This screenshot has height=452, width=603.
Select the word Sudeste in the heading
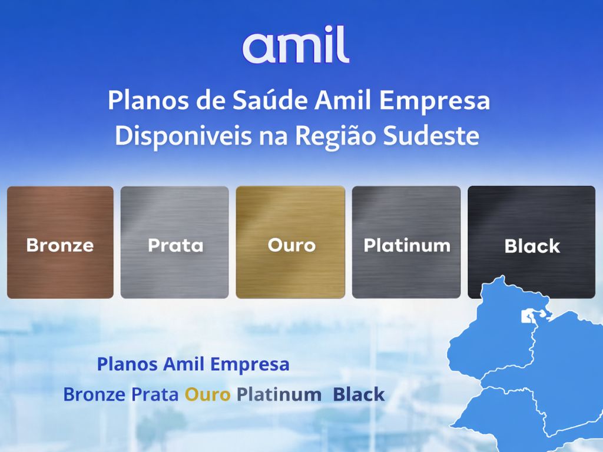pyautogui.click(x=431, y=135)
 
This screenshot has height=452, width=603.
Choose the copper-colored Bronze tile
pyautogui.click(x=60, y=242)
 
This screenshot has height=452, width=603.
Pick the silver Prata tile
pyautogui.click(x=175, y=242)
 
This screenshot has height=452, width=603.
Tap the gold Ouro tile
pyautogui.click(x=290, y=242)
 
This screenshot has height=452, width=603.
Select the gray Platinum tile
pyautogui.click(x=406, y=242)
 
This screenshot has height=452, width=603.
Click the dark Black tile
pyautogui.click(x=531, y=242)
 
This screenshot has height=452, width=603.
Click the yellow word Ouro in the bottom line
pyautogui.click(x=207, y=394)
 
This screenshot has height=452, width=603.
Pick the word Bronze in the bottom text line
pyautogui.click(x=94, y=394)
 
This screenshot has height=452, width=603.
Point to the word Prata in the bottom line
pyautogui.click(x=154, y=394)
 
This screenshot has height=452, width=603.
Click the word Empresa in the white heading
pyautogui.click(x=435, y=100)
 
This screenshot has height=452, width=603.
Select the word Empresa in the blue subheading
pyautogui.click(x=250, y=364)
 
